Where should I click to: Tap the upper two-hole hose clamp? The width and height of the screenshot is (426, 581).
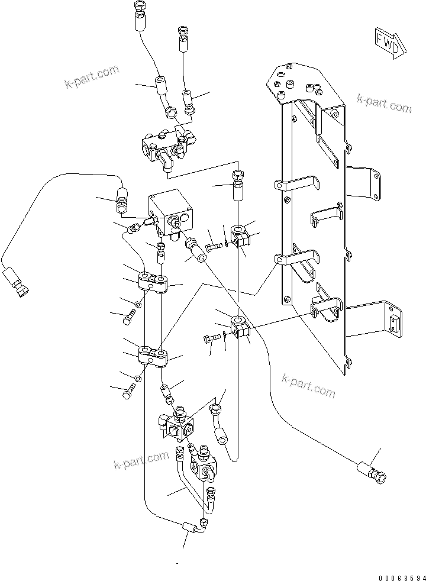[153, 282]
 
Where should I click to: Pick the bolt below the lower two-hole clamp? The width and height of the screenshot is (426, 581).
[130, 391]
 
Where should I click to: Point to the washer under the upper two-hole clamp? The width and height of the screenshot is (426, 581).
[138, 304]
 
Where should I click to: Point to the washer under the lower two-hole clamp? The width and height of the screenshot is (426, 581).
[138, 377]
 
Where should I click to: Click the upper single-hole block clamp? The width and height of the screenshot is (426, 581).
[241, 235]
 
